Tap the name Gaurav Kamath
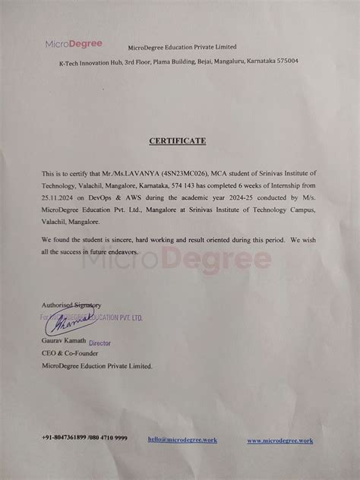tap(65, 344)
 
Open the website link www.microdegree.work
tap(279, 440)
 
